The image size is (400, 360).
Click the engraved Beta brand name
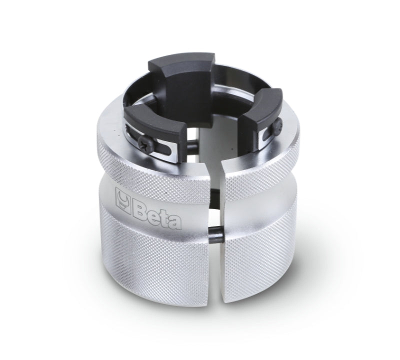click(x=150, y=203)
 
